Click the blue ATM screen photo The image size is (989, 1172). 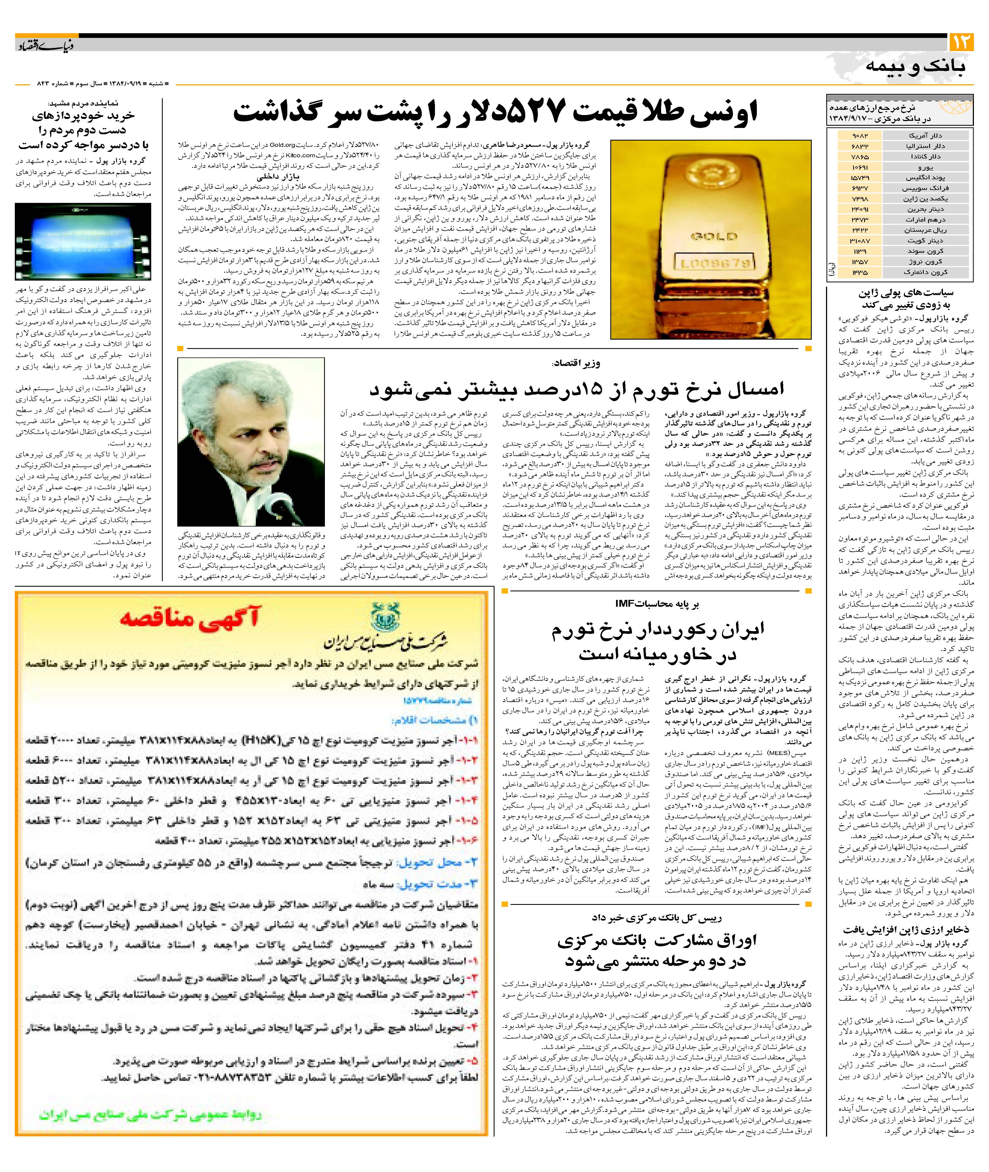tap(83, 241)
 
